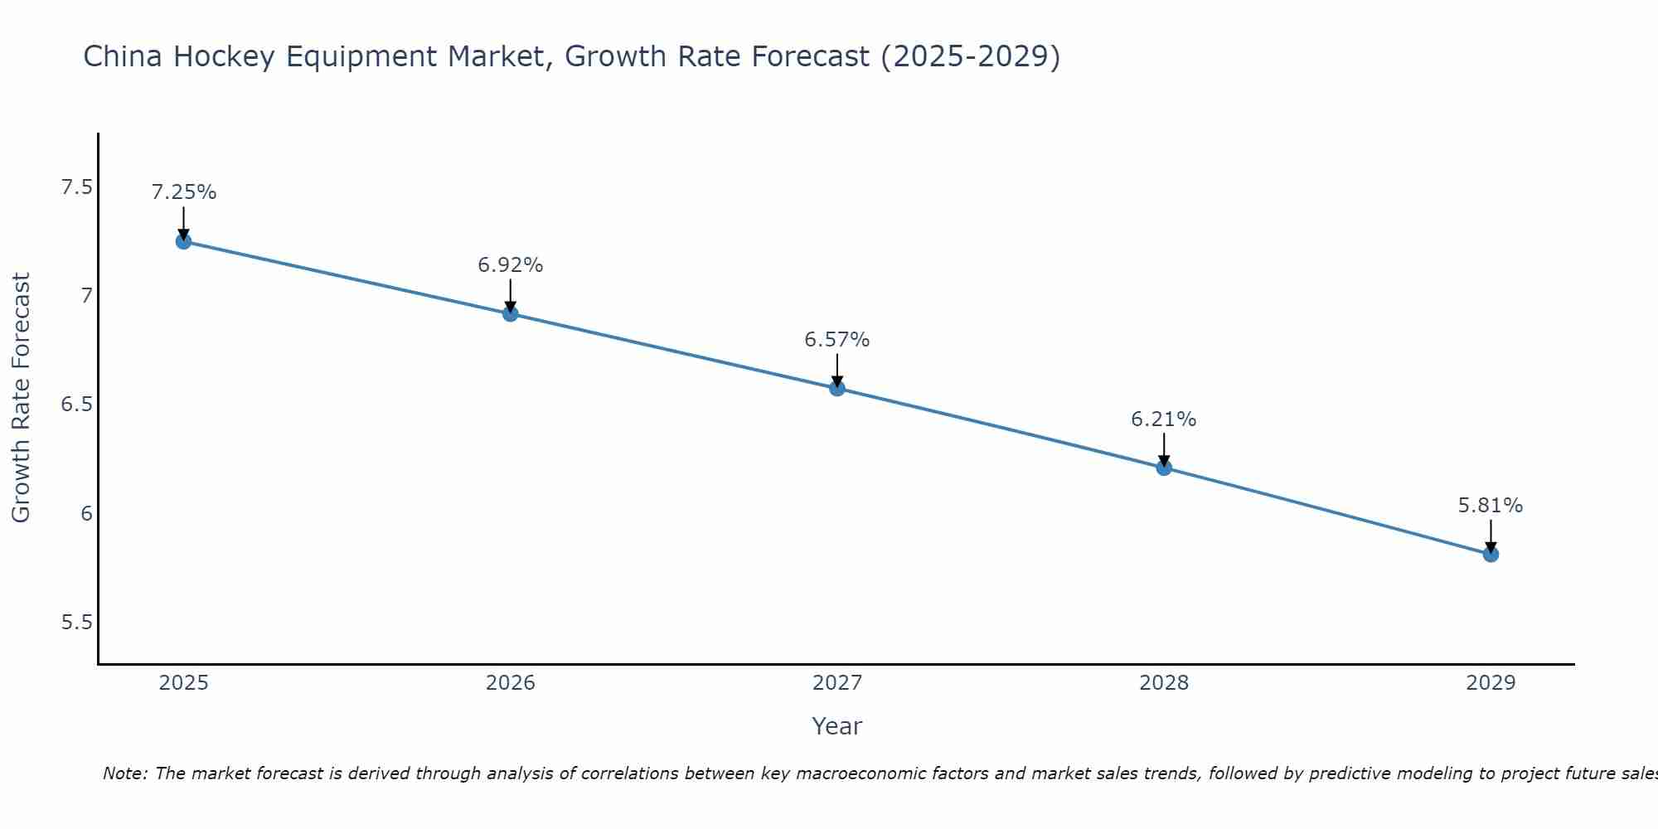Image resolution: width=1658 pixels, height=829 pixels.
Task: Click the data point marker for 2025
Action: (183, 241)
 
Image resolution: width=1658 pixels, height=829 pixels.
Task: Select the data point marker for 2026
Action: (510, 313)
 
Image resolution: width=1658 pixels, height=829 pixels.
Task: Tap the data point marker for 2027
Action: (836, 388)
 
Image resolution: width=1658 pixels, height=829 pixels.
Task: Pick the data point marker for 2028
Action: (1163, 468)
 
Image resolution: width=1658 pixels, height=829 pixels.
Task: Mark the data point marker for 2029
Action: (1490, 554)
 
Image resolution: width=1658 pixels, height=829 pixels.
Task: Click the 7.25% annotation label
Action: (183, 192)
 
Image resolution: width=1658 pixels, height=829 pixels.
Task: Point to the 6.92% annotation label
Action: (510, 265)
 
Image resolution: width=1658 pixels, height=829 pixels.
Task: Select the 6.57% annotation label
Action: (836, 340)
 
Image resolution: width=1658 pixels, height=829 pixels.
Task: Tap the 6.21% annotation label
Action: (1163, 419)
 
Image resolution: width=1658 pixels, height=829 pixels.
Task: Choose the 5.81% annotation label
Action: (1490, 506)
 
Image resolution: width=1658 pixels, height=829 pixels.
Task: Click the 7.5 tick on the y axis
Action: (76, 187)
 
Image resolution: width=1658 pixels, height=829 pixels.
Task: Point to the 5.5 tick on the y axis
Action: (76, 623)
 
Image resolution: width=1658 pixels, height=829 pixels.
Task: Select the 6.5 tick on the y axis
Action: (76, 405)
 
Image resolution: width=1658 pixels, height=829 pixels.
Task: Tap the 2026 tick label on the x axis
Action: (510, 683)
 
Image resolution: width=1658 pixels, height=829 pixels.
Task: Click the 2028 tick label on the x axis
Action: (1163, 683)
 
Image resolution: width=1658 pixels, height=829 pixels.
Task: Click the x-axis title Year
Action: (836, 726)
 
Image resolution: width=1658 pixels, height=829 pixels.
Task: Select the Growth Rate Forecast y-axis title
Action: (21, 398)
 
